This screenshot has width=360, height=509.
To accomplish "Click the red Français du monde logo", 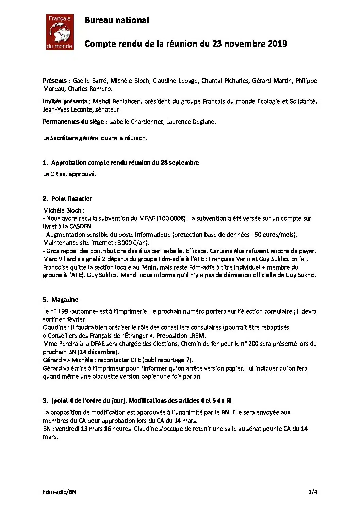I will pyautogui.click(x=60, y=32).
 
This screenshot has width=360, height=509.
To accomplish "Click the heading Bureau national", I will pyautogui.click(x=117, y=20).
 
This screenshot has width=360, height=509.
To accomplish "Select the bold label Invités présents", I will pyautogui.click(x=65, y=101).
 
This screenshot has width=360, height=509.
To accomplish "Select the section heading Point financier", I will pyautogui.click(x=71, y=198).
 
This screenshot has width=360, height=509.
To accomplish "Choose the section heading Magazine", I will pyautogui.click(x=65, y=300).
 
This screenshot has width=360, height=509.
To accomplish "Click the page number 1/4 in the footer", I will pyautogui.click(x=313, y=492).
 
